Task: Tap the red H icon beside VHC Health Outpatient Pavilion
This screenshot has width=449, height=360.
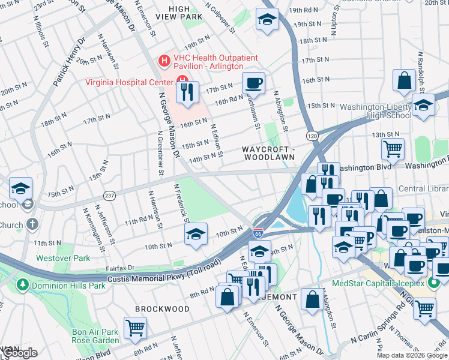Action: click(163, 61)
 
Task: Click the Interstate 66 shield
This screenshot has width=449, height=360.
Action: click(258, 232)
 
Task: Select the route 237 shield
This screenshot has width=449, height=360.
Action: click(109, 195)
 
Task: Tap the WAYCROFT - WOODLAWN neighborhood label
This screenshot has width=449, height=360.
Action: click(268, 152)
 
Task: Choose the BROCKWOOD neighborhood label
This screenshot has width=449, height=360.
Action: click(154, 308)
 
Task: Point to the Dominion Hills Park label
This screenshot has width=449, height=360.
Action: click(62, 283)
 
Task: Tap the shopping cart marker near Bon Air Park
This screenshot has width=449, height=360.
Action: click(135, 328)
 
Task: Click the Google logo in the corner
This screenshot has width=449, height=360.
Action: click(20, 353)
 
